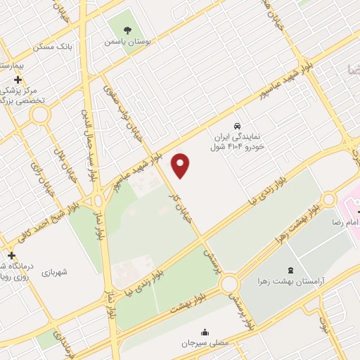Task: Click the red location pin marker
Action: pos(181,165)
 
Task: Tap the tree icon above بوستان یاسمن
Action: pos(127,30)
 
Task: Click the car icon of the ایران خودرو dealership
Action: pos(238,119)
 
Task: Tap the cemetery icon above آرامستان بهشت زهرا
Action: pos(291,270)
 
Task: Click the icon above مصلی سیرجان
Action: pos(205,332)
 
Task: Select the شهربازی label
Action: pos(54,272)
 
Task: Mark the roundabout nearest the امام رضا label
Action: pos(329,200)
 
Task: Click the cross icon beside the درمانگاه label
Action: pos(11,256)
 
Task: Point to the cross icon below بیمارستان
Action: pos(18,79)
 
